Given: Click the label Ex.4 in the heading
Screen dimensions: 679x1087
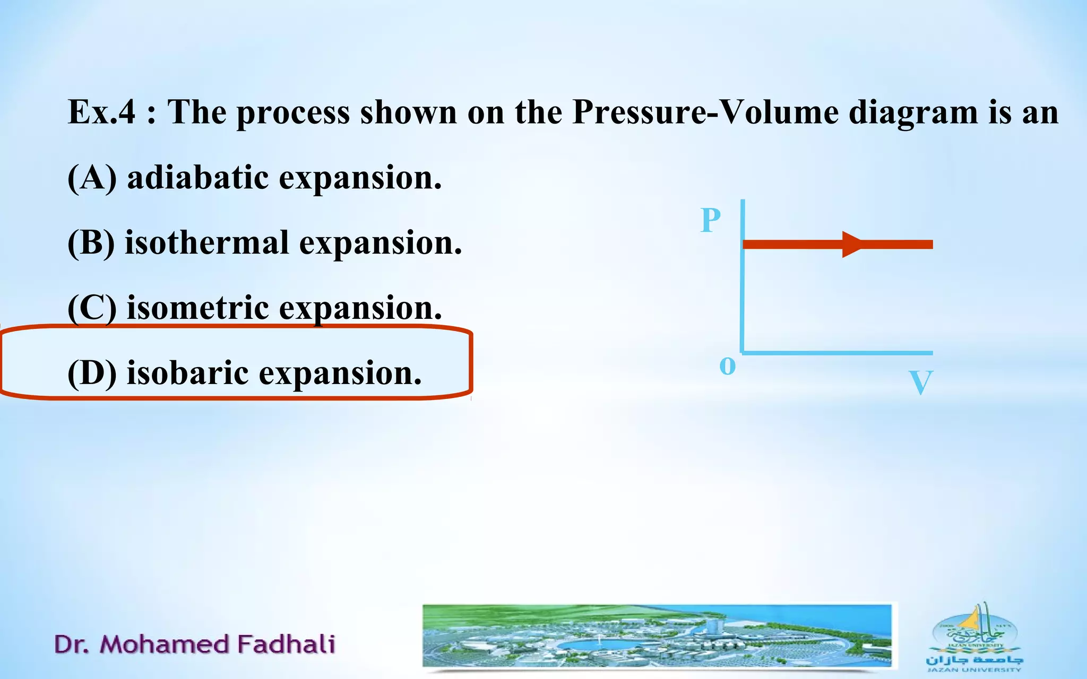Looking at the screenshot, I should (x=101, y=112).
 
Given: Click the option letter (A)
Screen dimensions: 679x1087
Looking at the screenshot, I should (x=92, y=178).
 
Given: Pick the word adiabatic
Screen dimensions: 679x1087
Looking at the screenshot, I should (x=197, y=177).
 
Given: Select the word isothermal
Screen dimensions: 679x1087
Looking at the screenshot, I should (x=207, y=243).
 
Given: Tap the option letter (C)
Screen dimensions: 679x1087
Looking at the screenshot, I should (x=92, y=308).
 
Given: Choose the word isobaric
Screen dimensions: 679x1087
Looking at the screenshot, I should (x=187, y=373).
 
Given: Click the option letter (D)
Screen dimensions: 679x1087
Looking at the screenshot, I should (x=92, y=373).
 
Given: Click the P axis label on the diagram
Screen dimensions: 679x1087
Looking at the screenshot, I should (x=711, y=220).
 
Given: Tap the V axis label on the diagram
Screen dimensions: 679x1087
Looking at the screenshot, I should (x=920, y=382).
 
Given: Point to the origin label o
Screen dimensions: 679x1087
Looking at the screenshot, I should (x=727, y=365).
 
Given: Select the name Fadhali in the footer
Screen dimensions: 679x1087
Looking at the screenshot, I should (x=286, y=644).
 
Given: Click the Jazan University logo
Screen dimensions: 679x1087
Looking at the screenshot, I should (x=974, y=637).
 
